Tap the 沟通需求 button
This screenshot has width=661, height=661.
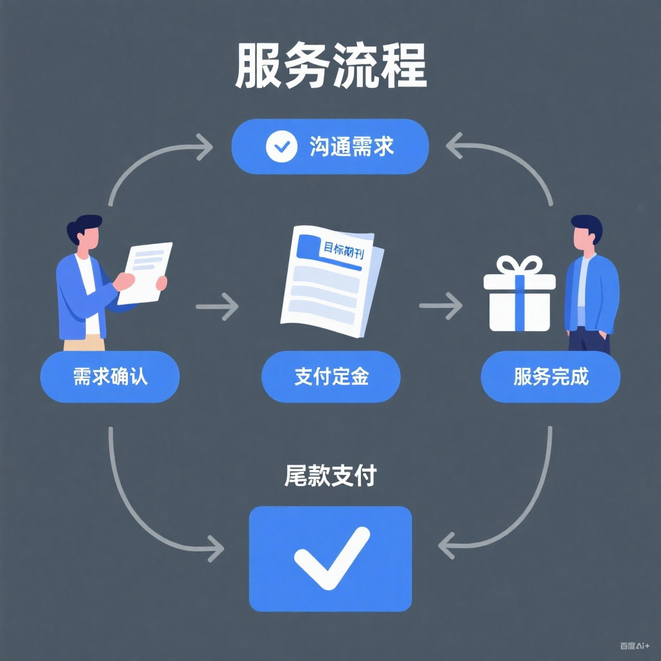tap(330, 147)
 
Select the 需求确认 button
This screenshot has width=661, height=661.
tap(110, 376)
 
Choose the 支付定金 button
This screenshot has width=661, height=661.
tap(330, 376)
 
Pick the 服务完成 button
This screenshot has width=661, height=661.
tap(551, 376)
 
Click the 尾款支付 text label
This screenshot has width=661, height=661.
tap(330, 476)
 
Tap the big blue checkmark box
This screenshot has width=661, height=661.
tap(330, 558)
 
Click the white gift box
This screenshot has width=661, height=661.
tap(519, 301)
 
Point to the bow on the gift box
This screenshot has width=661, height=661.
tap(519, 265)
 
